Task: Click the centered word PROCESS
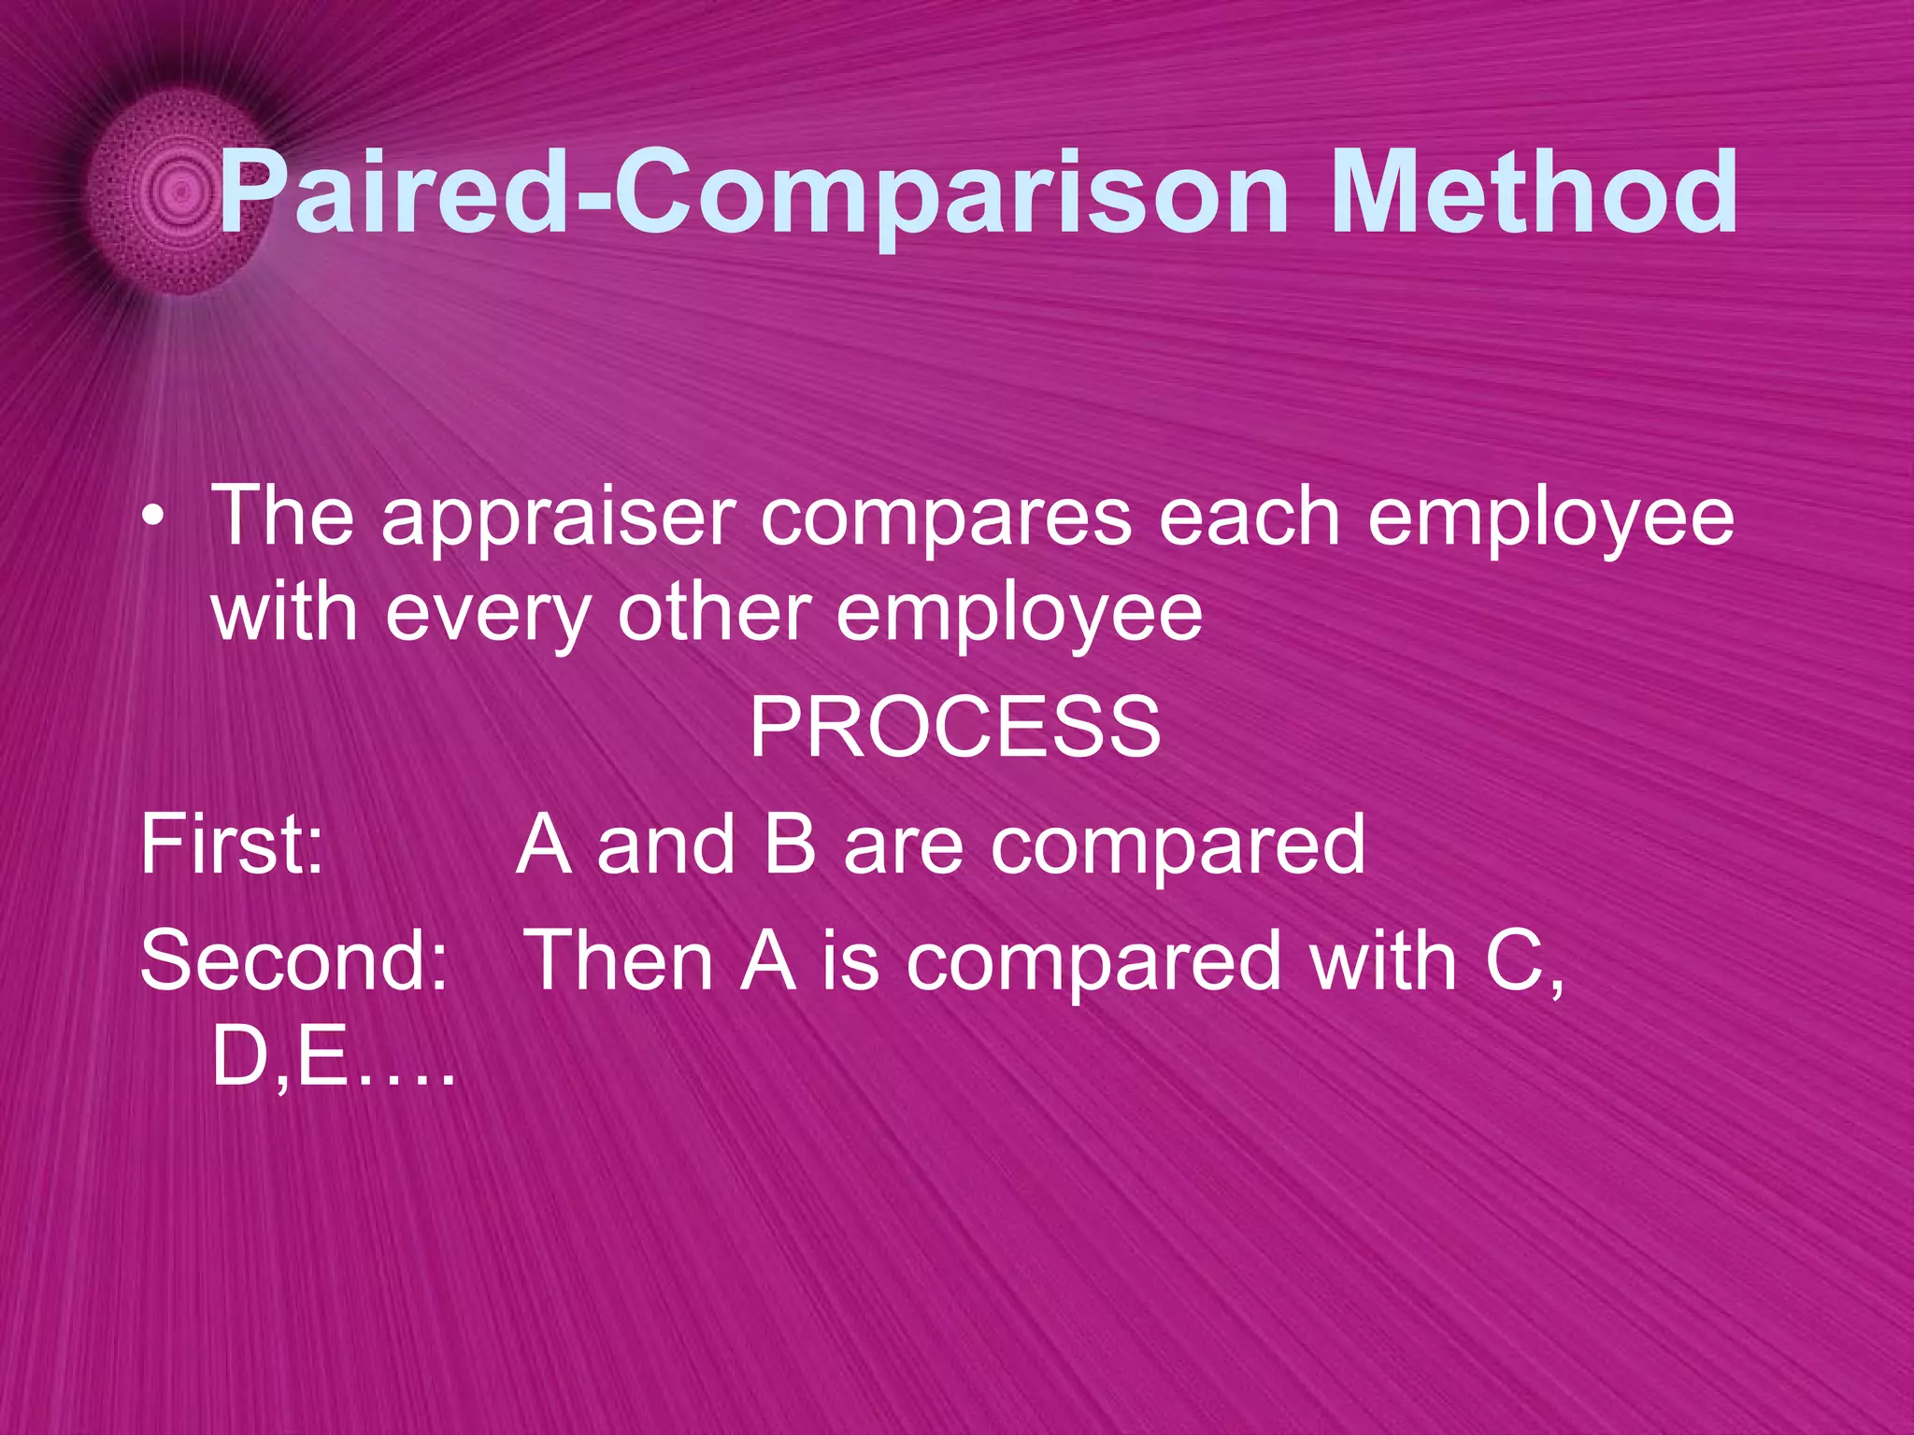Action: click(x=954, y=728)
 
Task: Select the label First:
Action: click(x=232, y=844)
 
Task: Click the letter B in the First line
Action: click(x=790, y=844)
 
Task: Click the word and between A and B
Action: click(x=665, y=844)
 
